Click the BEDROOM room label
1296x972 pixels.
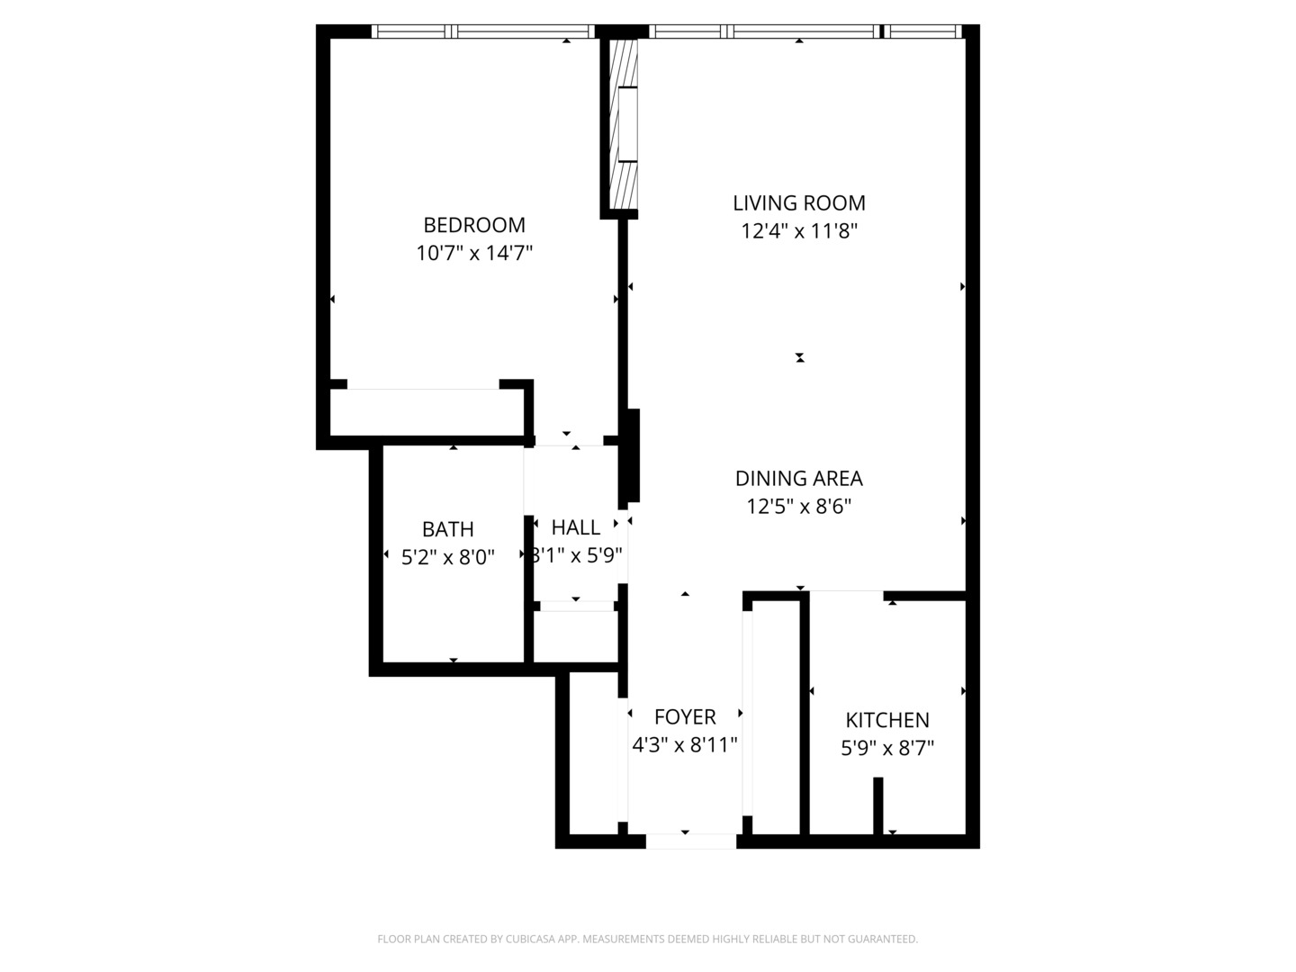click(474, 225)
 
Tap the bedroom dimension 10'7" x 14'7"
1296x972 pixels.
click(474, 253)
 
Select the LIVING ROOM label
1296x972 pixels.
click(798, 203)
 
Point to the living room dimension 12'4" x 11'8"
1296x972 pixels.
click(798, 231)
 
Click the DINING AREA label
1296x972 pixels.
click(798, 479)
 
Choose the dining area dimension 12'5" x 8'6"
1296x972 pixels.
click(798, 507)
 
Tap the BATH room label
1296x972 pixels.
click(447, 529)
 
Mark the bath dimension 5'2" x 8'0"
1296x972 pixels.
click(447, 558)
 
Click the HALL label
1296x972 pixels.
click(575, 527)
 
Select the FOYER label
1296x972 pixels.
click(685, 717)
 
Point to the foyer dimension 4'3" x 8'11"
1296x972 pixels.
click(685, 745)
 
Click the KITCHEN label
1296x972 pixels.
click(887, 720)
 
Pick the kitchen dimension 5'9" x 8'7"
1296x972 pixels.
click(887, 748)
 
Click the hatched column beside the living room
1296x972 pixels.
click(623, 123)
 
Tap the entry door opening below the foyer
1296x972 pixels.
click(690, 841)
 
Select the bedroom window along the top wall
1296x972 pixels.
click(482, 31)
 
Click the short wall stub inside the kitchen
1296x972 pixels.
click(878, 805)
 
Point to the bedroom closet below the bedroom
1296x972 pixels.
click(427, 414)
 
